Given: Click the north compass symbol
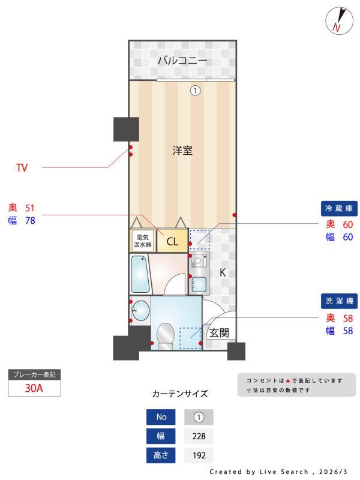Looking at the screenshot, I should (x=337, y=20).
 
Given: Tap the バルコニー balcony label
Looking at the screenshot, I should (x=182, y=61).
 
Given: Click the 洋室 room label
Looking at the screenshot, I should (x=182, y=151).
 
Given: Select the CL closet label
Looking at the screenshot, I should (x=172, y=242).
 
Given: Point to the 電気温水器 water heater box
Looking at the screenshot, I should (x=142, y=241).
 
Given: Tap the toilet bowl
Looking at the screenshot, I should (x=164, y=333).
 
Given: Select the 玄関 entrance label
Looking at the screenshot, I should (x=218, y=334).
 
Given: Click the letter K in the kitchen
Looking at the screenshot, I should (x=222, y=272).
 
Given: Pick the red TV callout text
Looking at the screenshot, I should (x=22, y=168).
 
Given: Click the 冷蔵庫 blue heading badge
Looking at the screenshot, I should (x=341, y=209).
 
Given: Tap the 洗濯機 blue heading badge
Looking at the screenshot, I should (x=341, y=301).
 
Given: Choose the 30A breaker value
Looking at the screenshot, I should (x=34, y=388).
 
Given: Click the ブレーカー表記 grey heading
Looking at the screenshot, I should (x=34, y=374).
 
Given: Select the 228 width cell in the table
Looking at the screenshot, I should (x=198, y=436).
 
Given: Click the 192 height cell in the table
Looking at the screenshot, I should (x=198, y=455).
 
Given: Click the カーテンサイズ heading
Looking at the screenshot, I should (x=180, y=394).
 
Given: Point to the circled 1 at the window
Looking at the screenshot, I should (x=195, y=91).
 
